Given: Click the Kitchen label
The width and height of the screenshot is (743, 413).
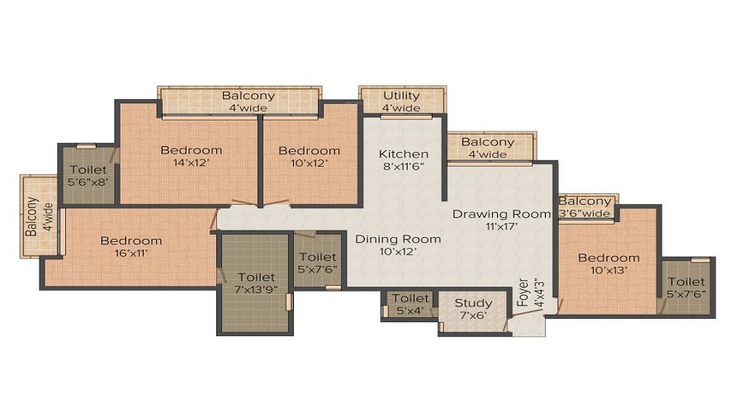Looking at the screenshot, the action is click(404, 154).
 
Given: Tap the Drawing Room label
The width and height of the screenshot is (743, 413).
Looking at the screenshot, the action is click(501, 214).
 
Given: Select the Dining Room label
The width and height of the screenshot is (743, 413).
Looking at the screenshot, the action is click(398, 239).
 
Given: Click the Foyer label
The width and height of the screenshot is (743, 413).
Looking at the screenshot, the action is click(523, 292).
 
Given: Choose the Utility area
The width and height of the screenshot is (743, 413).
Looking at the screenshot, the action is click(402, 100).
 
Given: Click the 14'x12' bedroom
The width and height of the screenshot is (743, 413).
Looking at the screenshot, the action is click(188, 154).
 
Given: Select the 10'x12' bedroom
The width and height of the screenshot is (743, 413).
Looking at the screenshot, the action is click(310, 154).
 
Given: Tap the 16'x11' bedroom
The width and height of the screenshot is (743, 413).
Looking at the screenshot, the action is click(131, 247).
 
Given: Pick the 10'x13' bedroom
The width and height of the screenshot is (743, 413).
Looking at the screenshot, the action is click(608, 262).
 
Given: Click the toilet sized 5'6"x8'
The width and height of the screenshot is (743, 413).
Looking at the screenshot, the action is click(88, 175).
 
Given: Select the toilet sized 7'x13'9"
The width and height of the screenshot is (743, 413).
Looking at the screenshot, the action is click(255, 283).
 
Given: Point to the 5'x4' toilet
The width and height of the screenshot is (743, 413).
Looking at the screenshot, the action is click(410, 304).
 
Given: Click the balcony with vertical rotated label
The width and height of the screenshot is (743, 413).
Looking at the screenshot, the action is click(39, 216).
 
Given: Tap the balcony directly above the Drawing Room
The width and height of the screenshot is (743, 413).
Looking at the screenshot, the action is click(492, 147).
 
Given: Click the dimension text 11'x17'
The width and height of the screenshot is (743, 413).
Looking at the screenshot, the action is click(501, 226).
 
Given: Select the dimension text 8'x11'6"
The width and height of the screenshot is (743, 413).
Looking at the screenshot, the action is click(404, 166).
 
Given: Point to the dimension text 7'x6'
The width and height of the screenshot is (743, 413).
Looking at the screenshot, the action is click(473, 316).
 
